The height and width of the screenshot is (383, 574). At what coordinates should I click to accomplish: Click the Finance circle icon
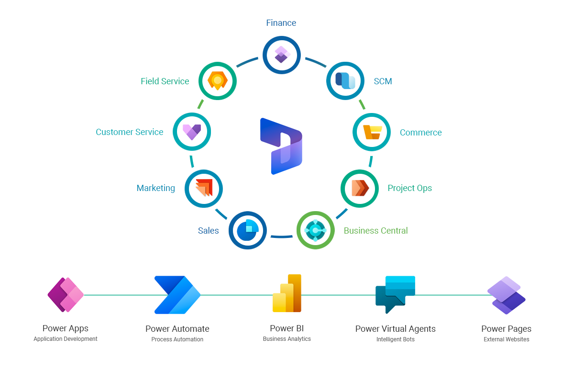click(x=281, y=55)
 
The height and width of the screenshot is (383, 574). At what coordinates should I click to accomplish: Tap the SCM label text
click(x=383, y=81)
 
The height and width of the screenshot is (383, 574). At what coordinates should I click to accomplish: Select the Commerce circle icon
click(x=372, y=132)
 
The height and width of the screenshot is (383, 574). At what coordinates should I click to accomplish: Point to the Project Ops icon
click(x=360, y=188)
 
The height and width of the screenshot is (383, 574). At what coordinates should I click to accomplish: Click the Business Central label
click(x=375, y=231)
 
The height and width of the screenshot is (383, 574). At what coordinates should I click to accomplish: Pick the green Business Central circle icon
click(x=315, y=230)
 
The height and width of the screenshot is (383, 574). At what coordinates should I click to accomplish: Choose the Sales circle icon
click(x=247, y=230)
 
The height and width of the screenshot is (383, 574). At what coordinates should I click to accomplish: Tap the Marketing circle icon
click(x=204, y=188)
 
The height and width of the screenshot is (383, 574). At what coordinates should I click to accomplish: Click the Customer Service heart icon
click(x=192, y=132)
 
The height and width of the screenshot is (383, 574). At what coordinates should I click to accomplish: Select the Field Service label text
click(x=165, y=81)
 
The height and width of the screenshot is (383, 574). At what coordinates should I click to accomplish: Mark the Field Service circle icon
click(x=218, y=81)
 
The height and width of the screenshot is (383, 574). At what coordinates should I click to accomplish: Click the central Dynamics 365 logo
click(x=281, y=146)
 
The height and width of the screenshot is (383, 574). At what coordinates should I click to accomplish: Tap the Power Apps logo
click(x=66, y=295)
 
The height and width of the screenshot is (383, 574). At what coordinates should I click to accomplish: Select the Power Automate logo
click(x=177, y=295)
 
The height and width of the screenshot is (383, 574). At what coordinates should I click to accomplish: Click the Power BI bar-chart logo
click(x=287, y=293)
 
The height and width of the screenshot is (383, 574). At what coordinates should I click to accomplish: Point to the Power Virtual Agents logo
click(x=395, y=294)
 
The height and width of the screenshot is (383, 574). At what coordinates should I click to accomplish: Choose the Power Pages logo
click(x=506, y=295)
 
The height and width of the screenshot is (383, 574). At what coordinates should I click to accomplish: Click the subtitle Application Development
click(x=66, y=339)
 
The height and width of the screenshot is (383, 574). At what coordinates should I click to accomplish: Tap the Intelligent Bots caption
click(x=395, y=339)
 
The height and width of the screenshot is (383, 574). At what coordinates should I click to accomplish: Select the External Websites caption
click(x=506, y=339)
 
